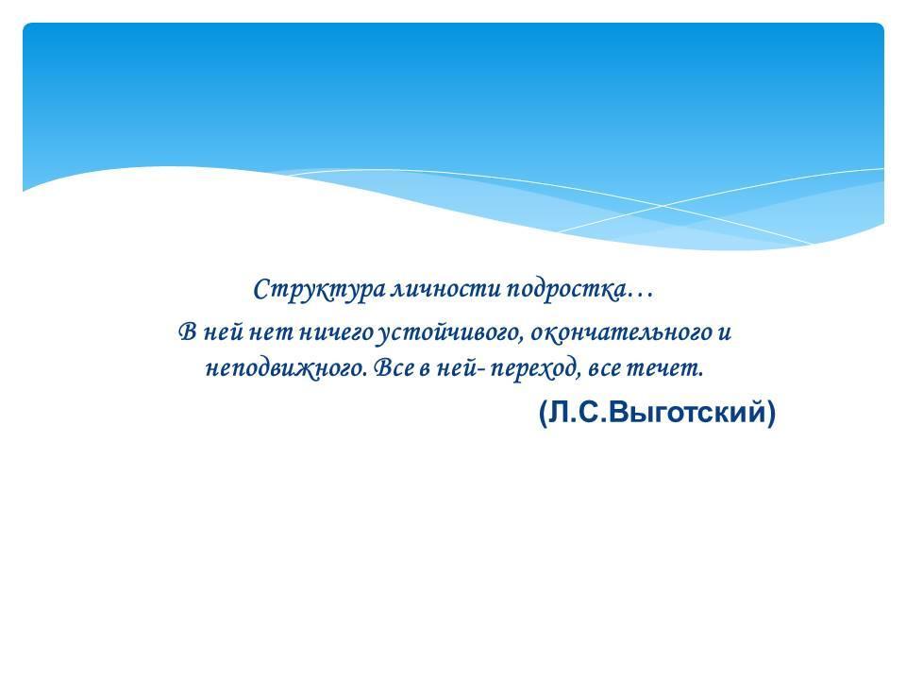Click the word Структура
[x=320, y=290]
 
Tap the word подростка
[x=566, y=290]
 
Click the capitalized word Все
[x=394, y=367]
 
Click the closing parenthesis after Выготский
[x=771, y=414]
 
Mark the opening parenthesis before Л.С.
[x=544, y=414]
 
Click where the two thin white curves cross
[x=663, y=206]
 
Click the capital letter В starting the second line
[x=189, y=332]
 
